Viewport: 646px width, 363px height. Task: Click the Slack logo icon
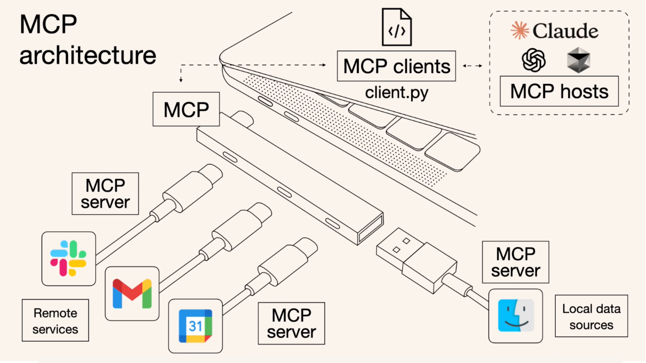coord(68,258)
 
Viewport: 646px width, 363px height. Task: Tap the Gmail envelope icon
coord(132,293)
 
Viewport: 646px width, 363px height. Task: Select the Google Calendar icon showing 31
coord(195,326)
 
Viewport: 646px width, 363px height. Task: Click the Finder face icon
coord(516,315)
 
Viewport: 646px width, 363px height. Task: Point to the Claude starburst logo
coord(519,30)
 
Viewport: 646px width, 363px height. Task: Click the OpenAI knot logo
coord(534,60)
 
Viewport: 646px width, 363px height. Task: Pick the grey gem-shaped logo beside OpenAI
coord(578,60)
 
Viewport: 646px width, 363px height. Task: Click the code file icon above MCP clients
coord(397,27)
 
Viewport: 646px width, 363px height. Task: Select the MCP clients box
coord(396,66)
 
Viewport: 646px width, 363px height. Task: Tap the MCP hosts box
coord(559,91)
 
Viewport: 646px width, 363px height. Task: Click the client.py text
coord(397,92)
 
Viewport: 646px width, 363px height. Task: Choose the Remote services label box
coord(55,320)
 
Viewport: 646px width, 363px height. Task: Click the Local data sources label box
coord(591,316)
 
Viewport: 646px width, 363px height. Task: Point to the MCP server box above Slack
coord(105,194)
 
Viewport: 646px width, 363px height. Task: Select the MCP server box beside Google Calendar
coord(291,323)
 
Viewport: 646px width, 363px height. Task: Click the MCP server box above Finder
coord(516,262)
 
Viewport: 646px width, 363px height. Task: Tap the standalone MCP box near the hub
coord(186,109)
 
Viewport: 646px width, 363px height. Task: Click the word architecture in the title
coord(88,55)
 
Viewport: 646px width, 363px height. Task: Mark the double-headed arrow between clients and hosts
coord(472,66)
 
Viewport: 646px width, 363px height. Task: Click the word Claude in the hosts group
coord(565,31)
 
